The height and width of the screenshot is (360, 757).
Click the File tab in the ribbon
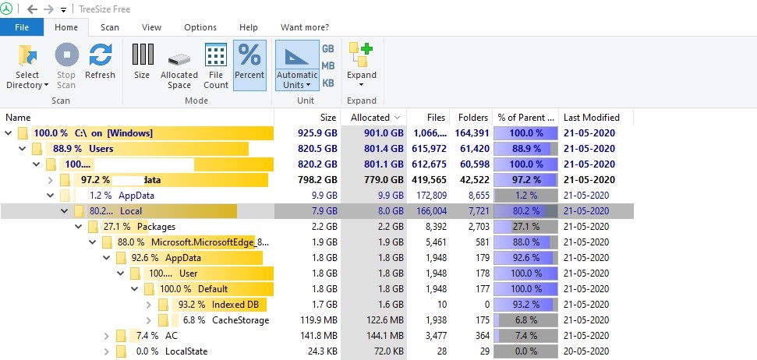coord(22,27)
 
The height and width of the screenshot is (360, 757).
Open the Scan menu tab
coord(110,27)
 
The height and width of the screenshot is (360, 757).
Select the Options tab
coord(200,27)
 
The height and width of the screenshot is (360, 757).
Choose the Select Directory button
coord(28,66)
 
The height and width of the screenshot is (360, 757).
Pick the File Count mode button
coord(216,66)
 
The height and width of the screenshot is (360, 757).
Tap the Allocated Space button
coord(179,66)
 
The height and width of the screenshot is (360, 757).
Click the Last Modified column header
coord(592,117)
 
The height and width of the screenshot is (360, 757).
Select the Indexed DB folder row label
coord(235,304)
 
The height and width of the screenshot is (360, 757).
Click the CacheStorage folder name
coord(240,319)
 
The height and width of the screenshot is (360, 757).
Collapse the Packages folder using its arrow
coord(78,226)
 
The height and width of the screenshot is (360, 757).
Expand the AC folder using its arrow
coord(106,335)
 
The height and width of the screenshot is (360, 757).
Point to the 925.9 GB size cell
coord(317,132)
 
